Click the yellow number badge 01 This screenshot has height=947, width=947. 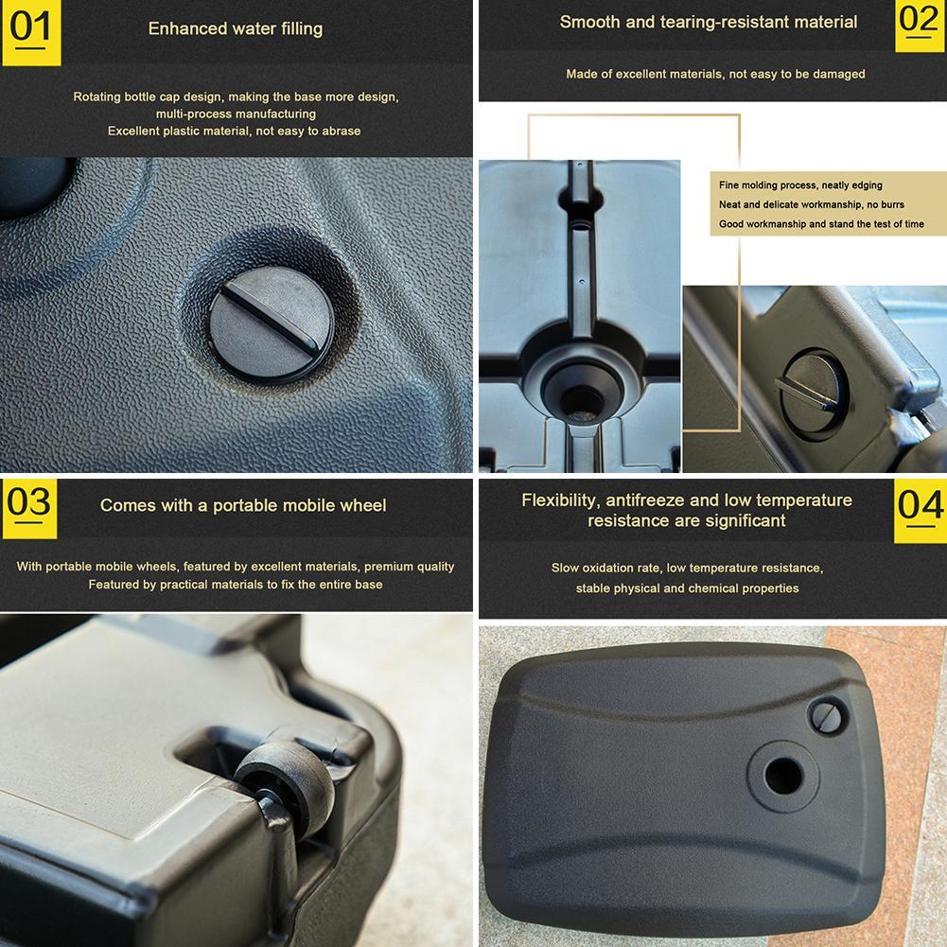point(31,32)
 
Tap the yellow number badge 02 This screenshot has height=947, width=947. point(920,26)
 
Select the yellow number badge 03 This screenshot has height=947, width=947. point(29,509)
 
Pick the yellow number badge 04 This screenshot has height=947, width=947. point(920,511)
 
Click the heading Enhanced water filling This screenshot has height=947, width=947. point(236,29)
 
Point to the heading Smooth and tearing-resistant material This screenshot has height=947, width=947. point(709,23)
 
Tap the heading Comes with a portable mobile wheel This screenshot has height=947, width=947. point(243,505)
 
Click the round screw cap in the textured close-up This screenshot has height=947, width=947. point(272,324)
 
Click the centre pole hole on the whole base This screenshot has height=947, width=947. point(783,776)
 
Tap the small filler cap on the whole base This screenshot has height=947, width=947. point(828,716)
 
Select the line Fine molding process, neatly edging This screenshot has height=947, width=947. point(800,185)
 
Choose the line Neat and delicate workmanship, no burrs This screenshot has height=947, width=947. point(811,204)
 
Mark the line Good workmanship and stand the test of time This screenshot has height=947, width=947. point(821,224)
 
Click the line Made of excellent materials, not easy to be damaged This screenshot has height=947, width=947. point(715,75)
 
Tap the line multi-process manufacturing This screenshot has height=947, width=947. point(236,114)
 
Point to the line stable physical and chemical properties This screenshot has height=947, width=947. point(687,588)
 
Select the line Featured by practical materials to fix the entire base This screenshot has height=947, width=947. point(236,585)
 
